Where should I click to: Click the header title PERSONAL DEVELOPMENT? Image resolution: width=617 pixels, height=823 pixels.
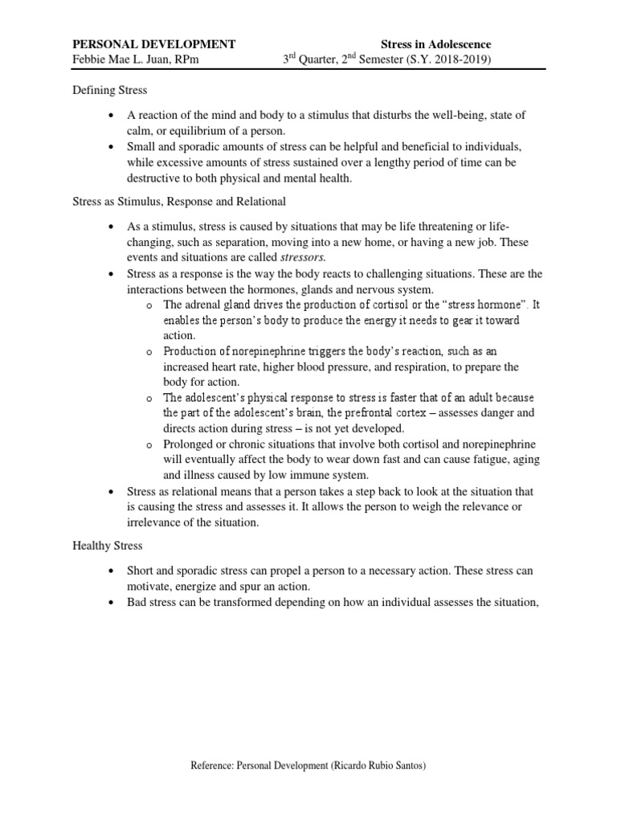(154, 44)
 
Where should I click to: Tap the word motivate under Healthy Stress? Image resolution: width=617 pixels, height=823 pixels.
(149, 586)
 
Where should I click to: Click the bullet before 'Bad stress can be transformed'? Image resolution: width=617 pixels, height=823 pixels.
(112, 601)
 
